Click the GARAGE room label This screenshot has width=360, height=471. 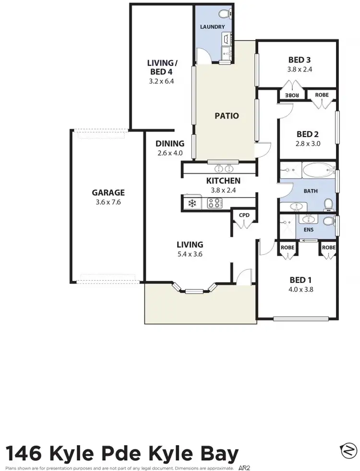(x=108, y=193)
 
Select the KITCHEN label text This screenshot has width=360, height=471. (x=223, y=181)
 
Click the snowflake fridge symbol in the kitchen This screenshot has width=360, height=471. (x=192, y=203)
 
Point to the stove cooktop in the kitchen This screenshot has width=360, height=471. (x=214, y=203)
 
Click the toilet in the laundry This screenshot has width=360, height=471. (x=224, y=14)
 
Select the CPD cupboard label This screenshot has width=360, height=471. (x=244, y=215)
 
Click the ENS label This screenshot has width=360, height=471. (x=308, y=230)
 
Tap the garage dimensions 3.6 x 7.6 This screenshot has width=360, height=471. (x=108, y=202)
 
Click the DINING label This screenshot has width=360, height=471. (x=170, y=143)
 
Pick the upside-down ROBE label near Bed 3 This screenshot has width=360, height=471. (x=292, y=95)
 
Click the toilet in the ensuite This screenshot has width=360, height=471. (x=328, y=221)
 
